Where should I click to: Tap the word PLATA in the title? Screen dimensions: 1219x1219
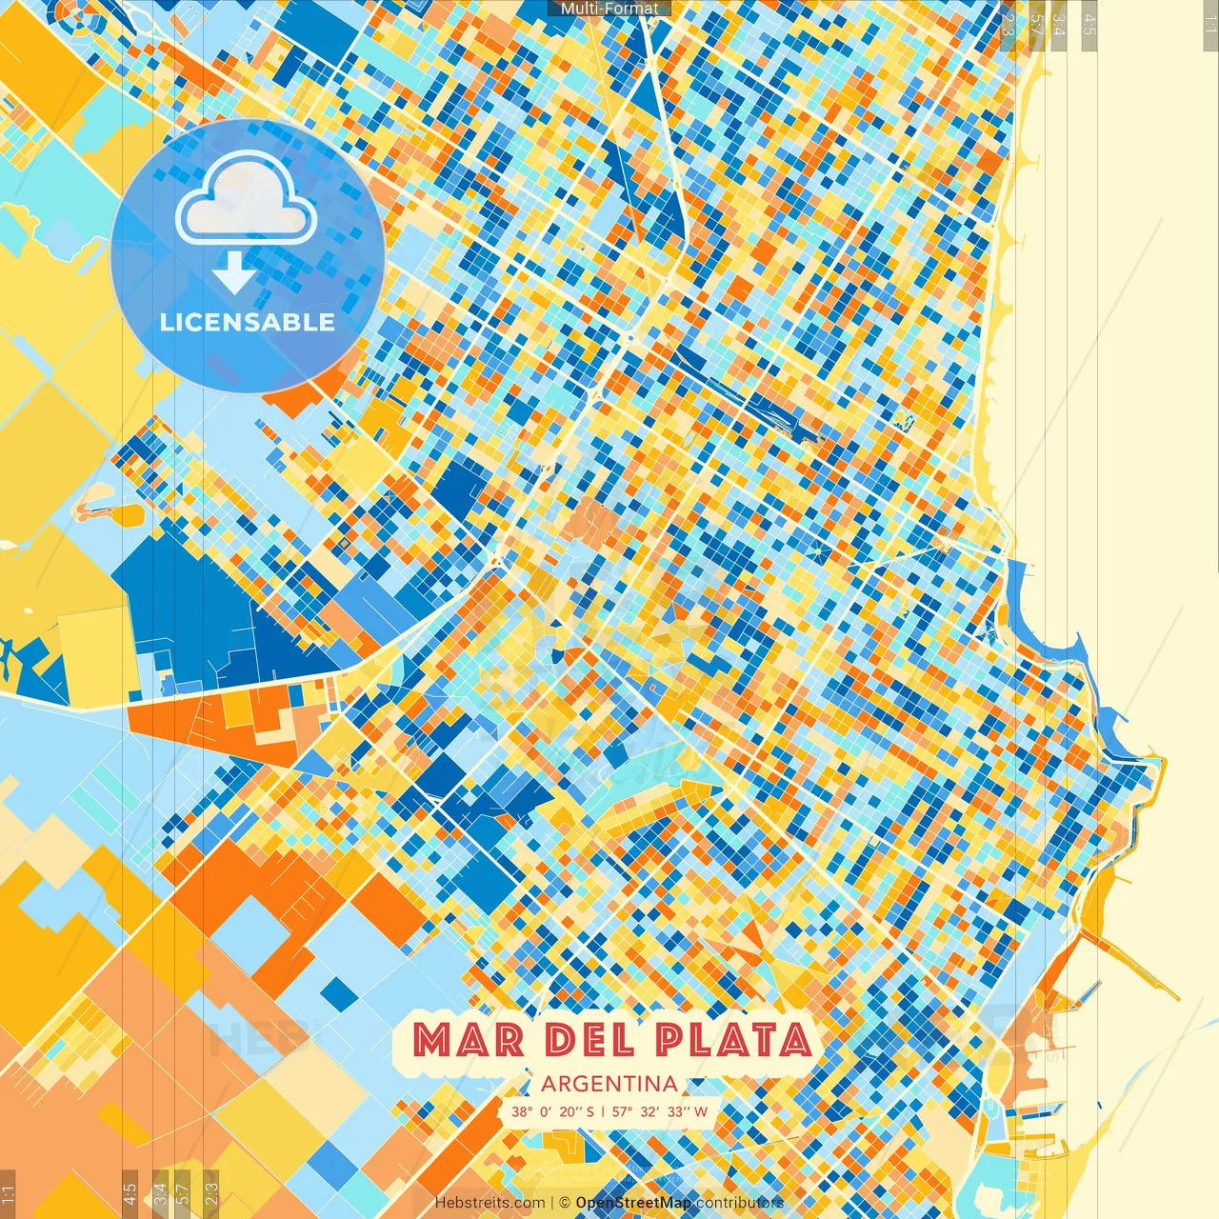[x=733, y=1040]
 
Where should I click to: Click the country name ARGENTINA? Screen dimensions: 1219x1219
[x=609, y=1084]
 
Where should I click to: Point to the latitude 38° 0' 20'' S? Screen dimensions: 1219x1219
[x=552, y=1111]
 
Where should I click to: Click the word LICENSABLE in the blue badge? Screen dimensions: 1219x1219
[x=248, y=322]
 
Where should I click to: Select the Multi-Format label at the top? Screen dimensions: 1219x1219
[x=609, y=9]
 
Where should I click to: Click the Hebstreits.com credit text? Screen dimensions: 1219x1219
[x=490, y=1203]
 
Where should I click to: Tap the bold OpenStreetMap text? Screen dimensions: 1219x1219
[x=633, y=1203]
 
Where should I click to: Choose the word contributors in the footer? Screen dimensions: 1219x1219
[x=740, y=1203]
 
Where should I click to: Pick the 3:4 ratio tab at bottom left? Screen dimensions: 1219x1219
[x=160, y=1192]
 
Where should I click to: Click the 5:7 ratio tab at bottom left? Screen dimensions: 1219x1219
[x=183, y=1192]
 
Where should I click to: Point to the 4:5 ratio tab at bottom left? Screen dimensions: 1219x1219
[x=130, y=1192]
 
